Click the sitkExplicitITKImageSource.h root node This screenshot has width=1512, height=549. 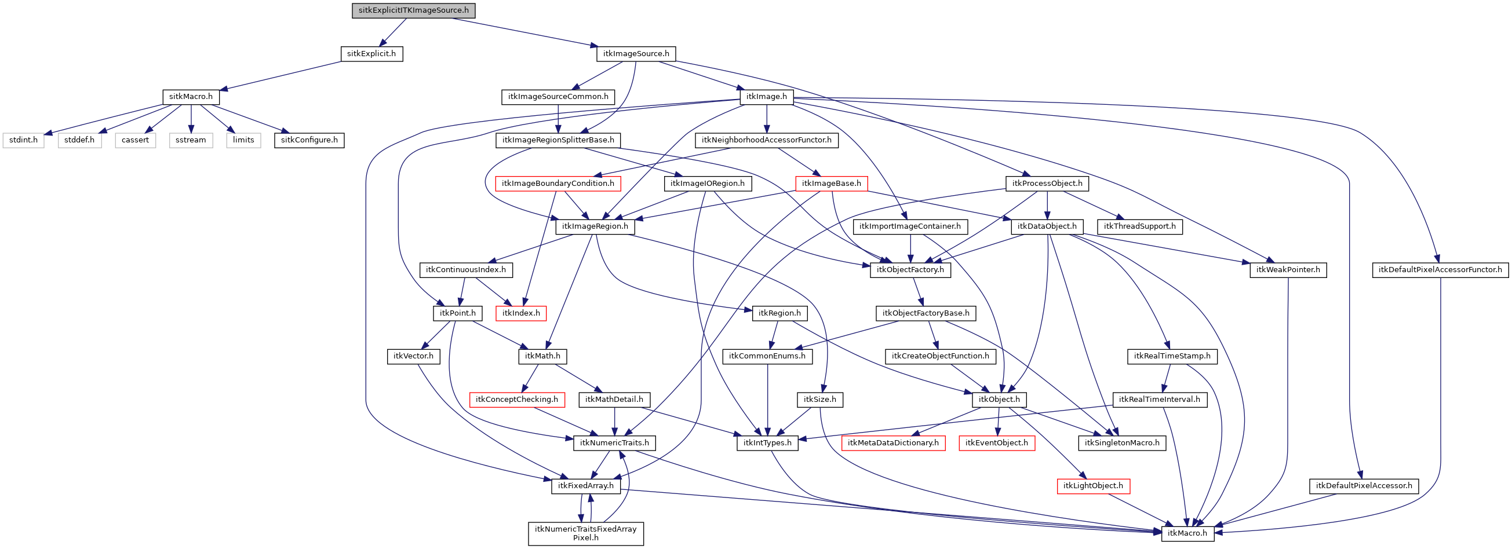coord(413,10)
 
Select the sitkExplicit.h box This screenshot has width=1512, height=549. coord(371,54)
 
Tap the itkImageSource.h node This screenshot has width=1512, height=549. coord(636,54)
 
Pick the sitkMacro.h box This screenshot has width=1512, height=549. coord(191,97)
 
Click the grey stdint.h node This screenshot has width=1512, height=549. coord(24,140)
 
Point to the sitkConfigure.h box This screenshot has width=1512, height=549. coord(309,140)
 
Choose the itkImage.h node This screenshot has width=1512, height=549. coord(767,97)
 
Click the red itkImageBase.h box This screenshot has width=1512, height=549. coord(831,184)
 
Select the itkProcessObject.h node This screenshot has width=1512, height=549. coord(1047,184)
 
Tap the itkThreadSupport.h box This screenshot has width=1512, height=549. coord(1139,226)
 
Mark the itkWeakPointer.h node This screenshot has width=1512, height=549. coord(1288,270)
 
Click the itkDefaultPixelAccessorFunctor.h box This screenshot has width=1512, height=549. coord(1440,270)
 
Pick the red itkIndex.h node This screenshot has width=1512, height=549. coord(520,313)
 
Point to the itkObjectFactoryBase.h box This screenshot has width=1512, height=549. coord(926,313)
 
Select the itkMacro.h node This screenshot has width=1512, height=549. coord(1187,533)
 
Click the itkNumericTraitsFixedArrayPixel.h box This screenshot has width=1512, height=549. coord(585,533)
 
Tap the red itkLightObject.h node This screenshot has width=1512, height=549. coord(1093,486)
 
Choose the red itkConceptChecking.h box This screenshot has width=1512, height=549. coord(516,400)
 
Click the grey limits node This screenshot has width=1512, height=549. coord(243,140)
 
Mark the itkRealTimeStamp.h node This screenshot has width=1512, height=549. coord(1172,356)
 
